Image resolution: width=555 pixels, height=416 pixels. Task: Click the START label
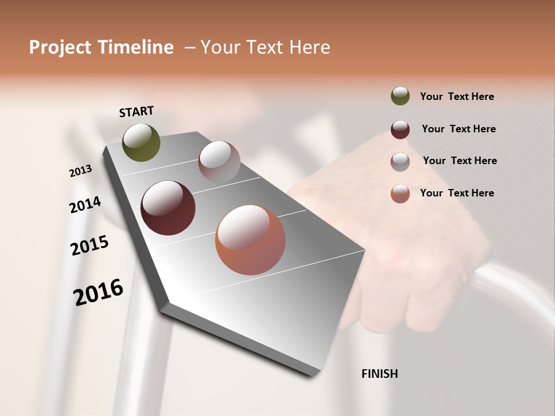coord(136,112)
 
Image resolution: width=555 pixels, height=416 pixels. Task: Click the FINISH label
coord(380,374)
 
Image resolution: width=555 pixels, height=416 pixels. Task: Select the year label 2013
coord(80,171)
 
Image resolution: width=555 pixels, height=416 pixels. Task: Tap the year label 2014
coord(85,205)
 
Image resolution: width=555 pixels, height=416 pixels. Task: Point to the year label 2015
coord(90,246)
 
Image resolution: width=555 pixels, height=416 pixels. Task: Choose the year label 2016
coord(98,292)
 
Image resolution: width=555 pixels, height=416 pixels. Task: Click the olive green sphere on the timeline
coord(142,142)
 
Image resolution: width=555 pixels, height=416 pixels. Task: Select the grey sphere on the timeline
coord(219,162)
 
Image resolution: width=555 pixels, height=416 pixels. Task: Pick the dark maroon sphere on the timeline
coord(168,208)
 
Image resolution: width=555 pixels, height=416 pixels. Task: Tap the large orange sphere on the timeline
coord(250,240)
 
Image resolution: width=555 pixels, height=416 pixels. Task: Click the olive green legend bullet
coord(400,96)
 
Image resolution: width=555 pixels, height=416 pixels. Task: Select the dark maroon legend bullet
coord(400,129)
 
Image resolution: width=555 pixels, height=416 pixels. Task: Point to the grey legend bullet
coord(400,161)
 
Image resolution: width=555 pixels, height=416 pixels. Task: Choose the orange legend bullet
coord(400,194)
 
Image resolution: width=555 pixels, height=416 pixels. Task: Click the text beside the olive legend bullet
coord(457,96)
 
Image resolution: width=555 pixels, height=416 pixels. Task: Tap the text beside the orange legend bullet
coord(457,193)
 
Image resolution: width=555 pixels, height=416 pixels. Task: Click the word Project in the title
coord(60,47)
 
